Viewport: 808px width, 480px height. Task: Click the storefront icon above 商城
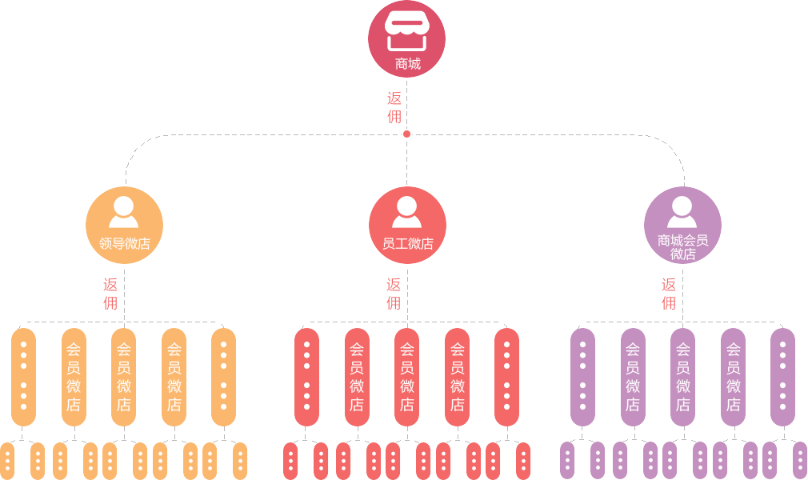pos(407,30)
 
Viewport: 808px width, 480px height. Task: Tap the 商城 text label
pos(407,64)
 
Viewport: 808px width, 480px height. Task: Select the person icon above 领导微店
pos(123,212)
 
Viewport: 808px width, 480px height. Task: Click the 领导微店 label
pos(124,244)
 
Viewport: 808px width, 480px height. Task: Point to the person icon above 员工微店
pos(406,212)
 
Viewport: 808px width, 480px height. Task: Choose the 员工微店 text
pos(407,244)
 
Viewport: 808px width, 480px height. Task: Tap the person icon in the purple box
pos(682,212)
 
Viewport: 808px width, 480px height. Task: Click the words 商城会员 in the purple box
pos(682,240)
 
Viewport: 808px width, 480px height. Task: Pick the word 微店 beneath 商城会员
pos(682,254)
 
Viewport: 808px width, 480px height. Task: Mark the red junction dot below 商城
pos(406,134)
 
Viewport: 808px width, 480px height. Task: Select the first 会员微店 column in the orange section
pos(74,376)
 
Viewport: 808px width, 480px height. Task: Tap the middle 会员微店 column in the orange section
pos(124,376)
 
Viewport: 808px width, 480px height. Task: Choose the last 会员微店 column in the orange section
pos(174,376)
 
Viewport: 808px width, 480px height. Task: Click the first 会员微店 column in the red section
pos(357,376)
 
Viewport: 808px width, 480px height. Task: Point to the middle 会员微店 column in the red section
pos(407,376)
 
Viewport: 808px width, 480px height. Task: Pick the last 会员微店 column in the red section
pos(458,376)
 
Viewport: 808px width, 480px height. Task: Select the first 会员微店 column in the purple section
pos(633,376)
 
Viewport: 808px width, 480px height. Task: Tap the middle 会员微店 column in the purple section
pos(683,376)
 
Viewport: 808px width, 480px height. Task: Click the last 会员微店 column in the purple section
pos(734,376)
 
